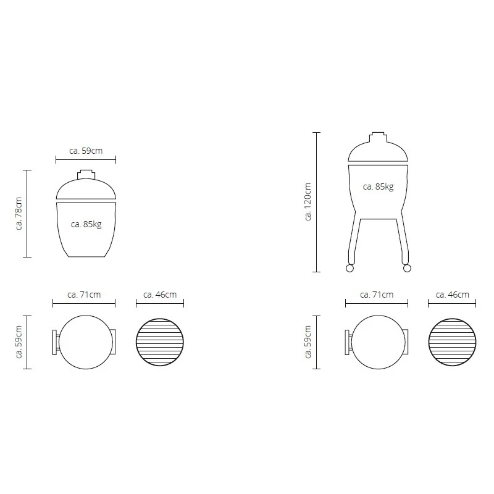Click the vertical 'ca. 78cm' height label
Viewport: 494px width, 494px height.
point(19,214)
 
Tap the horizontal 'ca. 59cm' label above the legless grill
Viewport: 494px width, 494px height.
point(86,150)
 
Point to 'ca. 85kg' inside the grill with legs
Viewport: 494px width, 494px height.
point(378,186)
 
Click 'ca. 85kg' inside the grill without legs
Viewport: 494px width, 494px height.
point(86,224)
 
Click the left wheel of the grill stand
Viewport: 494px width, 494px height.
point(350,268)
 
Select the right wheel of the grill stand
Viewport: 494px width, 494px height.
point(406,268)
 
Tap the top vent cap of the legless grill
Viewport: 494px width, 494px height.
point(86,174)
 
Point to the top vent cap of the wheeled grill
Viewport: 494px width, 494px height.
point(378,135)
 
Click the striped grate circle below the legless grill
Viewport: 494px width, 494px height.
point(160,342)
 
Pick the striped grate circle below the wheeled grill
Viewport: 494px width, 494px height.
point(453,342)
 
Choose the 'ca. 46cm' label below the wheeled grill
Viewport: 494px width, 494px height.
point(452,295)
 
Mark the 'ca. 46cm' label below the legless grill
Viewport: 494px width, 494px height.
point(160,295)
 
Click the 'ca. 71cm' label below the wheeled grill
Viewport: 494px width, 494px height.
point(377,295)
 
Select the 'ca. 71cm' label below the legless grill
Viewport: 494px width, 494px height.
point(84,295)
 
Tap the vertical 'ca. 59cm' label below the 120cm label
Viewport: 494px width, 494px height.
point(308,342)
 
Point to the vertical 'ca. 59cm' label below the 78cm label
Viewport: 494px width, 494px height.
point(19,342)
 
